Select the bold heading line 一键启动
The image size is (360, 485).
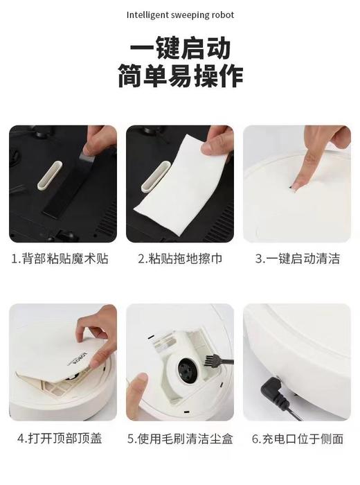180,49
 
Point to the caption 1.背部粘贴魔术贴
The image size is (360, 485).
60,259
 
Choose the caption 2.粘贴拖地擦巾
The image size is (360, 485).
180,259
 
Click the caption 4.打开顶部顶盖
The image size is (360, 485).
60,439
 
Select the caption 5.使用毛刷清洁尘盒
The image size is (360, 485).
180,439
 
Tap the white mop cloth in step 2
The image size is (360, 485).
183,191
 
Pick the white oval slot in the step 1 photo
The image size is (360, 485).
47,171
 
